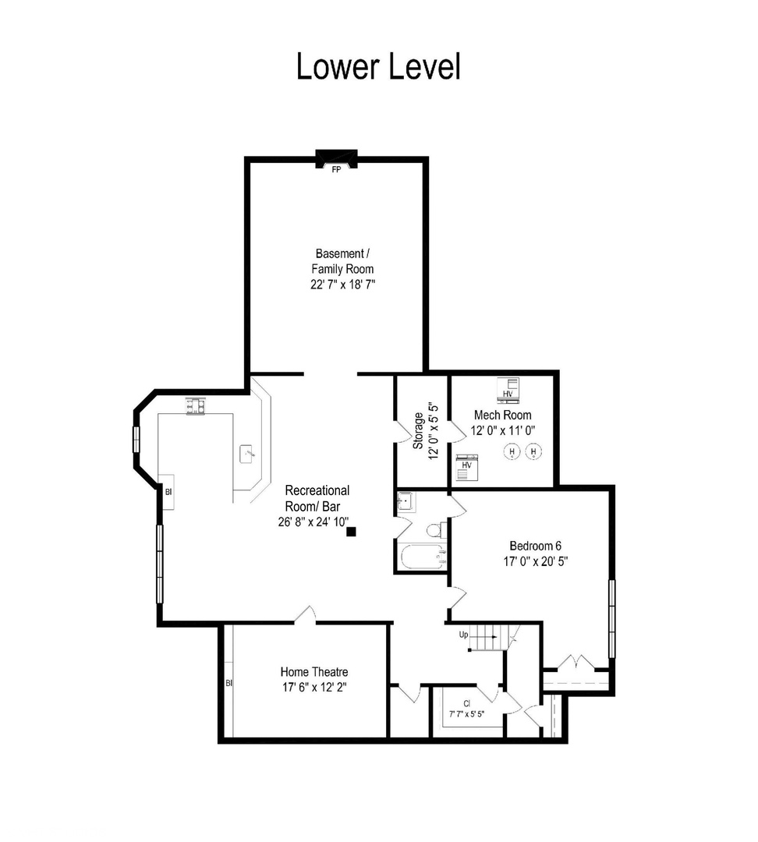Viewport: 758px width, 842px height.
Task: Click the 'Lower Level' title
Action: click(378, 66)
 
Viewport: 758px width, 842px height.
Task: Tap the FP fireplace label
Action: click(336, 168)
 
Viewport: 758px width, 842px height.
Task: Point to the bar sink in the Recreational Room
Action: click(249, 452)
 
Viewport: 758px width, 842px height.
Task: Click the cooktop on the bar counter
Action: click(194, 406)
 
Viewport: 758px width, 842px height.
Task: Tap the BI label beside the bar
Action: click(168, 491)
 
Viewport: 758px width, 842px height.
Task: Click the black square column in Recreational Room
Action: click(351, 532)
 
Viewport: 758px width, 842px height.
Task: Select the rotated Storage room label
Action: click(419, 430)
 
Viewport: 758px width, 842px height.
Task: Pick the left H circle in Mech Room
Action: click(512, 451)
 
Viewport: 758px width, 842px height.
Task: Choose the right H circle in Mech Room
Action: click(534, 451)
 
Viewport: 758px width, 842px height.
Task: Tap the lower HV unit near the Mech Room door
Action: click(467, 465)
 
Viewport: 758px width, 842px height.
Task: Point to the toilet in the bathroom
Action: click(434, 531)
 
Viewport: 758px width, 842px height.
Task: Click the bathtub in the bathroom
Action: click(422, 557)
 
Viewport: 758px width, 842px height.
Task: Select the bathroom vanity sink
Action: click(406, 501)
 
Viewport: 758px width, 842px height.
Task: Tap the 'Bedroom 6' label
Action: click(535, 546)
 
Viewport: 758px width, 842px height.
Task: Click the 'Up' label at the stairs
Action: click(463, 635)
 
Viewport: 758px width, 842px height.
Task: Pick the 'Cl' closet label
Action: click(466, 702)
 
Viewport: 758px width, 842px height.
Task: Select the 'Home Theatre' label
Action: click(314, 672)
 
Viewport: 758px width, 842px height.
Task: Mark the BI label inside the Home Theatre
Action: click(229, 684)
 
